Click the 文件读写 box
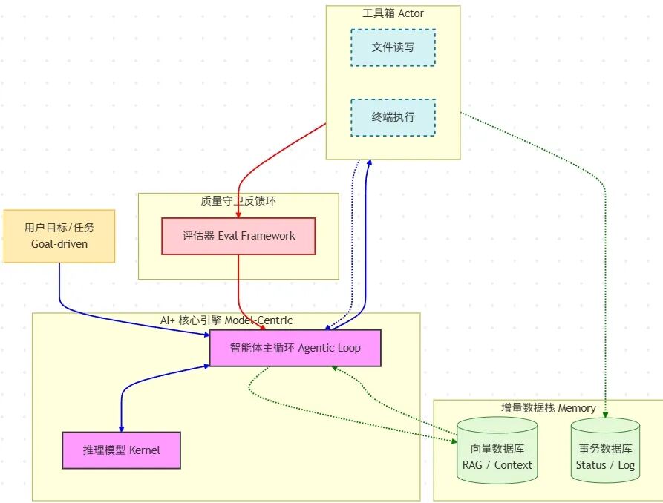393,47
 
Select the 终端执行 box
393,117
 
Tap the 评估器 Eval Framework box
238,236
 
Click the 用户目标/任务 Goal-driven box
59,236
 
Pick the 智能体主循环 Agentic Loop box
295,348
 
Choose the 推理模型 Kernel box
121,450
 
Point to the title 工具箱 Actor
393,13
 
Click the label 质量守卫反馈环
238,200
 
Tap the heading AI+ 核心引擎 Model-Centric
226,320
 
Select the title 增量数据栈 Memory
548,407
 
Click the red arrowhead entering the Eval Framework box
238,214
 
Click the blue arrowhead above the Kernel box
121,427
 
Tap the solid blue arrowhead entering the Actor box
368,163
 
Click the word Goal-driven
59,243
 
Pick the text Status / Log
605,465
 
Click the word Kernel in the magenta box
144,450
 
